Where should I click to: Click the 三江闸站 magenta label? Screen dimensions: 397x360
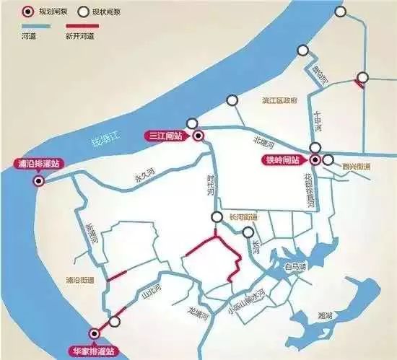165,135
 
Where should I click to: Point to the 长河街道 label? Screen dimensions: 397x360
243,216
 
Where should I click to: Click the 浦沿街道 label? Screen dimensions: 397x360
70,280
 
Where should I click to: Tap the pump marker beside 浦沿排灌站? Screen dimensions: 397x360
38,181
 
